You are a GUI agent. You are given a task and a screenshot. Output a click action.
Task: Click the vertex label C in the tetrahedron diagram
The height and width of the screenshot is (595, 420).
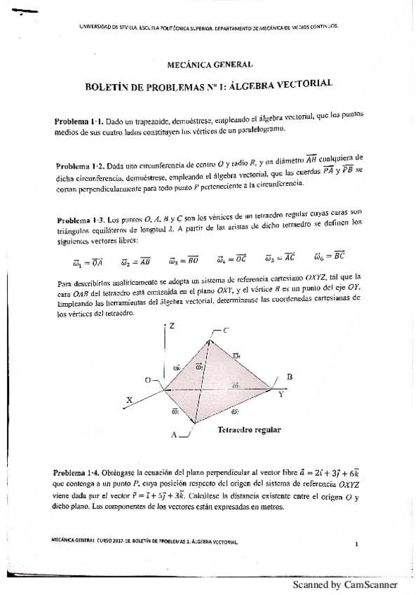tap(226, 330)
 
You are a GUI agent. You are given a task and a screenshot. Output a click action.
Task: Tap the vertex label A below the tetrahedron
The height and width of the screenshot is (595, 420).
tap(173, 435)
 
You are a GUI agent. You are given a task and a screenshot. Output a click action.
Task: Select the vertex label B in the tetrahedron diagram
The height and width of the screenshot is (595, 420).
tap(289, 377)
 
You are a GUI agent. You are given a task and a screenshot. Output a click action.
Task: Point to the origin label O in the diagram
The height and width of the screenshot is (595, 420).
tap(148, 380)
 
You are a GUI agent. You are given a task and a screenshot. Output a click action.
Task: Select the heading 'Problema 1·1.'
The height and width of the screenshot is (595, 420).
tap(79, 121)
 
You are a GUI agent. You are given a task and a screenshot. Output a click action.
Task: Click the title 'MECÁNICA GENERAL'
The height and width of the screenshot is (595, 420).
tap(210, 65)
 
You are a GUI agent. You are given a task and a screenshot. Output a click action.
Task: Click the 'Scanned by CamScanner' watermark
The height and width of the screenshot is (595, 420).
tap(344, 584)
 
